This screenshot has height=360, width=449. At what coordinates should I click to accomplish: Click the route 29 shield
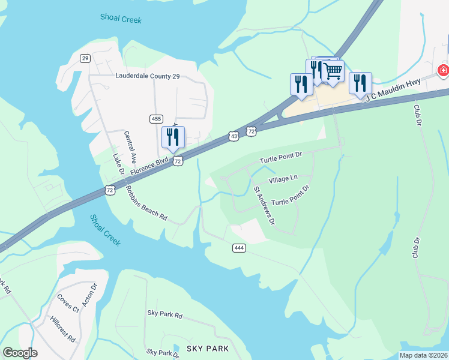click(85, 58)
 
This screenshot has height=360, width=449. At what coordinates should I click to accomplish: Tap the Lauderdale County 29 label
click(147, 76)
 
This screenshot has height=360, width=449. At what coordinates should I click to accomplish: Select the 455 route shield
click(156, 119)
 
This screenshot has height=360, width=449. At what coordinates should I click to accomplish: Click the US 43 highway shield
click(234, 137)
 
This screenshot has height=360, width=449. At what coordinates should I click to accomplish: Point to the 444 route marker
click(238, 247)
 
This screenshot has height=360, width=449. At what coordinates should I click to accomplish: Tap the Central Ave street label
click(128, 146)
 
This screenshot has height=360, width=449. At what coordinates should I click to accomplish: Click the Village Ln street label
click(283, 179)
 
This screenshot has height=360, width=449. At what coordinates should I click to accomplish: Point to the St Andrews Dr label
click(264, 206)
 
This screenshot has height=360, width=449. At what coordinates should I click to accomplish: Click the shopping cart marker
click(333, 71)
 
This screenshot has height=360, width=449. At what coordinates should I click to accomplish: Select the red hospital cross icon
click(443, 71)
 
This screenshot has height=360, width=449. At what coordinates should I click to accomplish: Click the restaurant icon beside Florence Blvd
click(173, 137)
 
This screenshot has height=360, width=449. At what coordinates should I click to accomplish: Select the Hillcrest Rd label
click(63, 329)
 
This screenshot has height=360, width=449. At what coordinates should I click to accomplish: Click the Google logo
click(20, 353)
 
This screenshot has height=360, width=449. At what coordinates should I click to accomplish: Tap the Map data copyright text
click(423, 355)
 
